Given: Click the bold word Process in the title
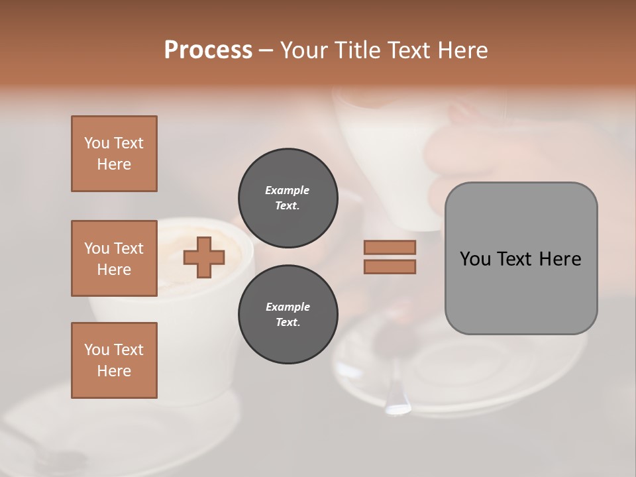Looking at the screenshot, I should pyautogui.click(x=208, y=50).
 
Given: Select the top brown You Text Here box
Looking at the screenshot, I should pyautogui.click(x=114, y=154).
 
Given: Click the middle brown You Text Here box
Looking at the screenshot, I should pyautogui.click(x=114, y=258).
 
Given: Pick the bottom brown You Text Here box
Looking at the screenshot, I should pyautogui.click(x=114, y=360).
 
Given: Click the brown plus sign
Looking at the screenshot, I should pyautogui.click(x=204, y=257).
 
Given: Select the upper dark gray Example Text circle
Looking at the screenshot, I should pyautogui.click(x=288, y=198).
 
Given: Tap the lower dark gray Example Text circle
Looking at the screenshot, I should pyautogui.click(x=288, y=315).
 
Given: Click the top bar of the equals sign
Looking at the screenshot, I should pyautogui.click(x=390, y=248).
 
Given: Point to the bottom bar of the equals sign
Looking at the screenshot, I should pyautogui.click(x=390, y=266).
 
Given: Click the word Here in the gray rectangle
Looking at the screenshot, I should pyautogui.click(x=560, y=259).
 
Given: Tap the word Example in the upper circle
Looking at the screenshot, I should pyautogui.click(x=288, y=191).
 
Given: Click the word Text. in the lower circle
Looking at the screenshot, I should pyautogui.click(x=288, y=323).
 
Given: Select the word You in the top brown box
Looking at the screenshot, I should pyautogui.click(x=96, y=143).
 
